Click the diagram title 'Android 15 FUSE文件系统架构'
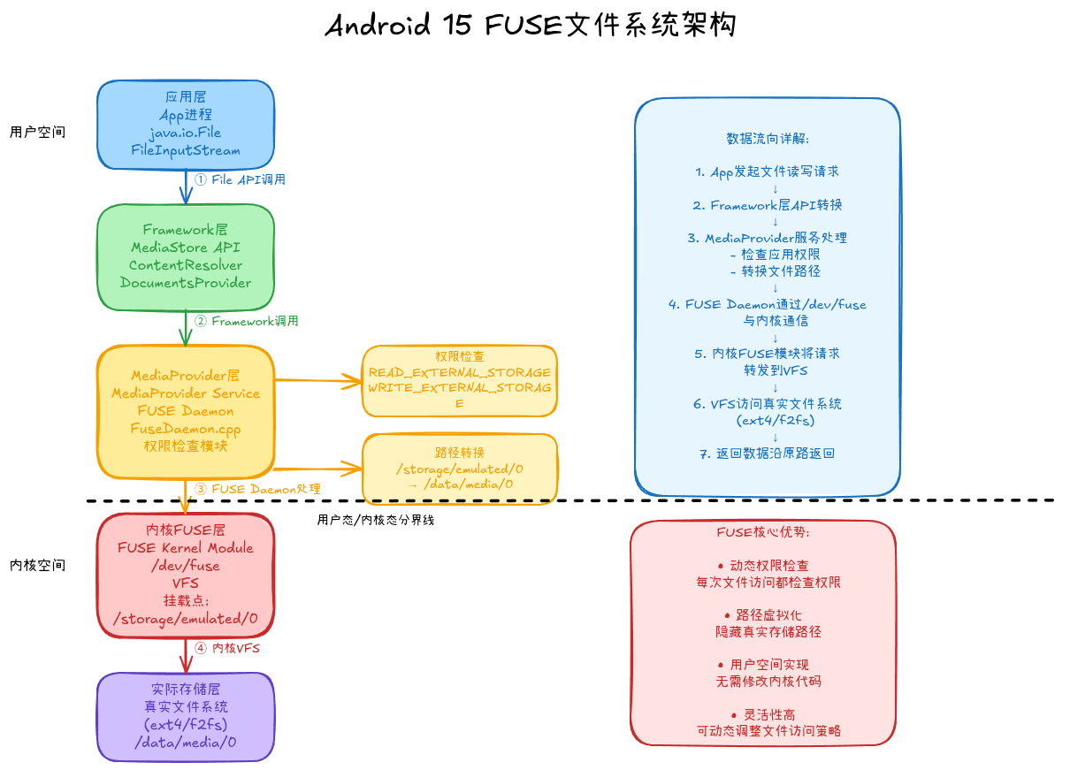(x=531, y=25)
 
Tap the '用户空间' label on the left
(x=37, y=132)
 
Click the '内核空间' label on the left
(x=37, y=565)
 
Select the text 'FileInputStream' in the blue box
(x=185, y=150)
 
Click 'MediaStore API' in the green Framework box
(x=185, y=248)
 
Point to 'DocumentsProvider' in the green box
(x=185, y=283)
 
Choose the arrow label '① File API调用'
(x=240, y=179)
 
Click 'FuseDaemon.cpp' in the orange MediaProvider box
(x=185, y=429)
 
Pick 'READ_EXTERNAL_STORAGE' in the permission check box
(x=459, y=373)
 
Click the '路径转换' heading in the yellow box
(x=459, y=452)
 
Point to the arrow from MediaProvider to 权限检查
(x=318, y=381)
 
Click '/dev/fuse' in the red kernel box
(x=185, y=566)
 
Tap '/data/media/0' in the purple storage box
(x=185, y=742)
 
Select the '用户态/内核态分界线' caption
(x=375, y=520)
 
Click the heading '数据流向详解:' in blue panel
(x=767, y=139)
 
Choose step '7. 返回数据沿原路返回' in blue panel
(x=767, y=454)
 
